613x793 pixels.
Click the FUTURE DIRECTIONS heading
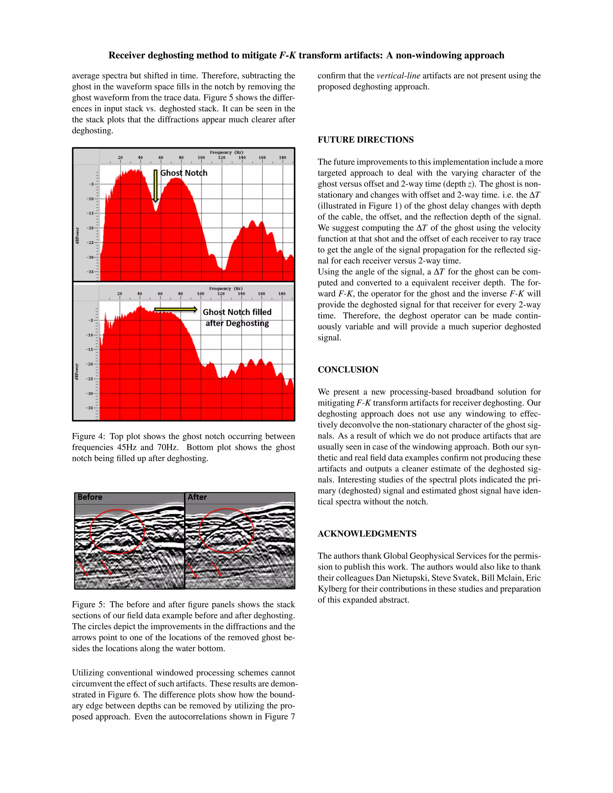click(365, 140)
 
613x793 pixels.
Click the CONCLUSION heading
click(348, 370)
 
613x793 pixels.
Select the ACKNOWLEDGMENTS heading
click(367, 534)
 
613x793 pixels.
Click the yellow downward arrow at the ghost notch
click(155, 186)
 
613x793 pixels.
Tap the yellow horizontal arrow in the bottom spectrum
click(175, 310)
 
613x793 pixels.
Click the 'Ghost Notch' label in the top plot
click(184, 173)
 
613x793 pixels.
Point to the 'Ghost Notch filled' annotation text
click(237, 312)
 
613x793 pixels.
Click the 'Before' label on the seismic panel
click(90, 497)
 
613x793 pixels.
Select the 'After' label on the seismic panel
click(197, 497)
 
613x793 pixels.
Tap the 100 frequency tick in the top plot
click(201, 158)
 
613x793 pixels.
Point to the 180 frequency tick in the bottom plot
click(282, 294)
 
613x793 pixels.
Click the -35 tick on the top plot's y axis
click(90, 272)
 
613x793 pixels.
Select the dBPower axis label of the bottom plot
click(77, 372)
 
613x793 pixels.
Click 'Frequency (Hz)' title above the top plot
click(226, 153)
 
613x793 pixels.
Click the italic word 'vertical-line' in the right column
click(398, 76)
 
